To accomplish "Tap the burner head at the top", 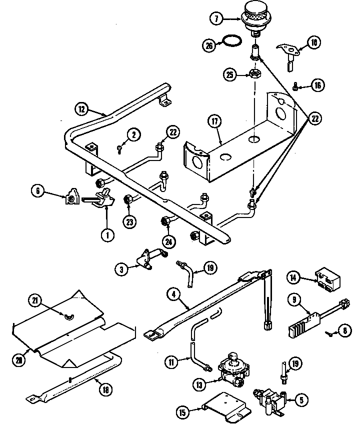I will [x=255, y=15].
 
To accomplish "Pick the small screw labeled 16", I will [x=295, y=87].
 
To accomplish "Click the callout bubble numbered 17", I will [x=214, y=121].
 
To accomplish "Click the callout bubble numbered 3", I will [x=121, y=269].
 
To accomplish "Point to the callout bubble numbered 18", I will [x=105, y=389].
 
